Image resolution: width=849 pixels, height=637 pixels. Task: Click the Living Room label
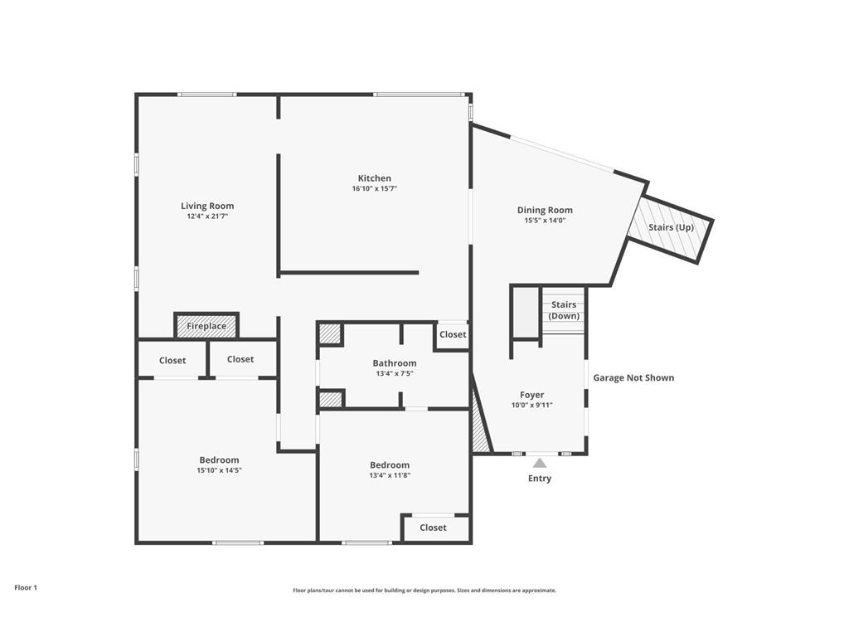pyautogui.click(x=207, y=206)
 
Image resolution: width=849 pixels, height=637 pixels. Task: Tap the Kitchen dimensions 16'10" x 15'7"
pyautogui.click(x=374, y=189)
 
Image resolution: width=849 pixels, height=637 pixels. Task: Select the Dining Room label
pyautogui.click(x=545, y=210)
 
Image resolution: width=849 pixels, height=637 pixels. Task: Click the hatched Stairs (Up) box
pyautogui.click(x=671, y=228)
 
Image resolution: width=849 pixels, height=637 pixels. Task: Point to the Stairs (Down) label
pyautogui.click(x=564, y=310)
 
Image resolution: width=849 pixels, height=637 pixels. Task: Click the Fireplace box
pyautogui.click(x=206, y=326)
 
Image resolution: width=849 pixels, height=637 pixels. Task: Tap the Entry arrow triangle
pyautogui.click(x=540, y=463)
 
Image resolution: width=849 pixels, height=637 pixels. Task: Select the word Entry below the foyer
pyautogui.click(x=540, y=479)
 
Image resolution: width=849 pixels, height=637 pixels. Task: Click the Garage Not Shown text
pyautogui.click(x=633, y=377)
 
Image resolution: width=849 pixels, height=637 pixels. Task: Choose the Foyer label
pyautogui.click(x=531, y=395)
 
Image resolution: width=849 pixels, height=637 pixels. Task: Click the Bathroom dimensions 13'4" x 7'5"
pyautogui.click(x=394, y=374)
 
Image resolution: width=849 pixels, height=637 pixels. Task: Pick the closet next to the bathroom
pyautogui.click(x=453, y=334)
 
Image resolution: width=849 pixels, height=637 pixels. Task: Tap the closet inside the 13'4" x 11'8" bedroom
pyautogui.click(x=433, y=528)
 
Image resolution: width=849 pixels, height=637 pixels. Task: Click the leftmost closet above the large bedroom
pyautogui.click(x=172, y=360)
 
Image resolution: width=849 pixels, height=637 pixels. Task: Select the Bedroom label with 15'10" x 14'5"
pyautogui.click(x=219, y=460)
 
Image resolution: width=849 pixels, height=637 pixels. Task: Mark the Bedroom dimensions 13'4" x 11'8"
pyautogui.click(x=389, y=476)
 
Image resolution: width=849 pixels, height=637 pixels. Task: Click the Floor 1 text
pyautogui.click(x=26, y=587)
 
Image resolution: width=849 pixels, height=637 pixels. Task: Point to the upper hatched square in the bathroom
pyautogui.click(x=330, y=333)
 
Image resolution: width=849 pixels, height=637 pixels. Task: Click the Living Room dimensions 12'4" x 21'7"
pyautogui.click(x=207, y=216)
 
